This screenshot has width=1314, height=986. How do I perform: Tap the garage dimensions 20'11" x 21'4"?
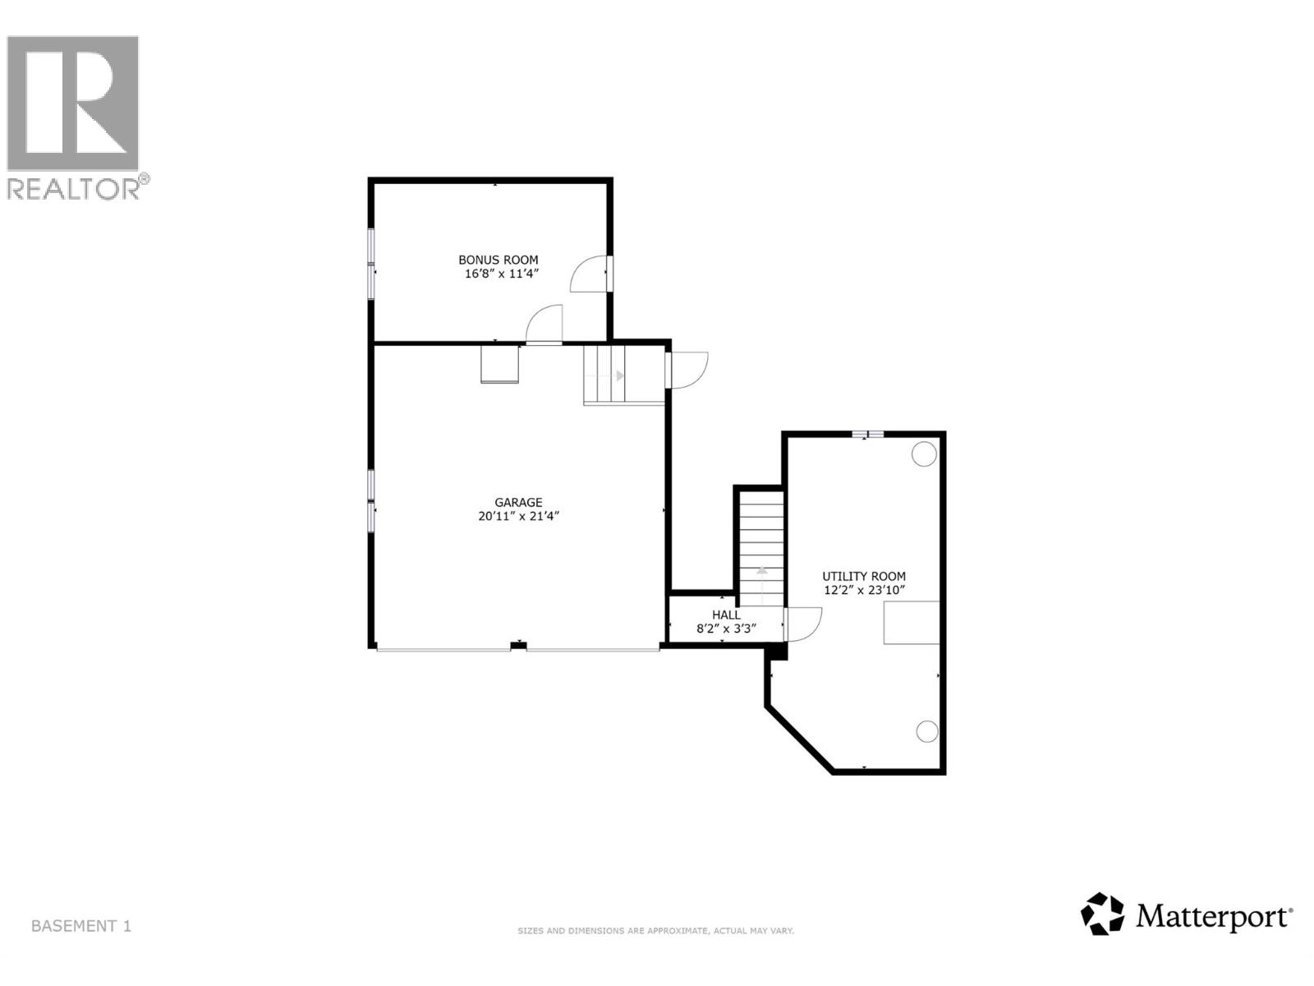point(518,517)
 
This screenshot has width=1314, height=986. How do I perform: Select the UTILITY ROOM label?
point(864,577)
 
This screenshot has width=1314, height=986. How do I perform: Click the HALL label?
point(726,615)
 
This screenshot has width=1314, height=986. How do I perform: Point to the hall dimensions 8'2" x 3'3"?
point(726,629)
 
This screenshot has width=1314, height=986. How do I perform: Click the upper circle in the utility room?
point(924,454)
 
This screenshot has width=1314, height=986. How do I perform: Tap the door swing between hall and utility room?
point(803,624)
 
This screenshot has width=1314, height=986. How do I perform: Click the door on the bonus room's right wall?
point(590,274)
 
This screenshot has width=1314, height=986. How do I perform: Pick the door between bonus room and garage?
point(544,325)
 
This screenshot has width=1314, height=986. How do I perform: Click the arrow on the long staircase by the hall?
point(761,570)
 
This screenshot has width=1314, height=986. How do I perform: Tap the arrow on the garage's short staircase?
point(619,376)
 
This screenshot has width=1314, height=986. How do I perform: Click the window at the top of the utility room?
point(867,434)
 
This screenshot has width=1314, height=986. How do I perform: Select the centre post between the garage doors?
point(518,646)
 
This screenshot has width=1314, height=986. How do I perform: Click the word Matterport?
point(1214,915)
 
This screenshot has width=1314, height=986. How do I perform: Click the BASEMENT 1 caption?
point(80,926)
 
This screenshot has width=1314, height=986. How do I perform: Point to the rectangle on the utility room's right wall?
point(911,622)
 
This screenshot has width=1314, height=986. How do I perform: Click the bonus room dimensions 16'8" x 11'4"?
point(501,274)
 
